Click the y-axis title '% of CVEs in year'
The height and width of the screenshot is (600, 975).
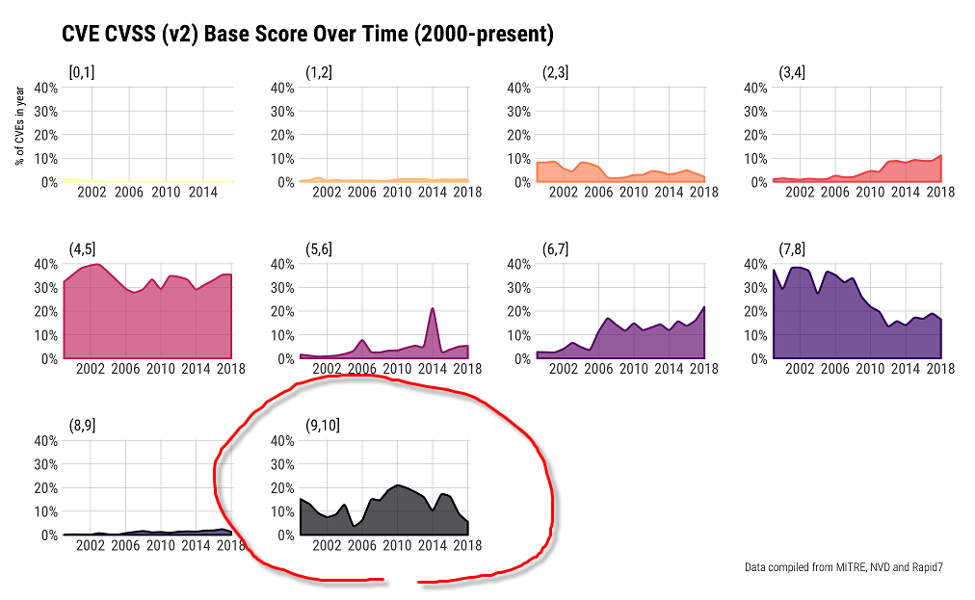point(19,124)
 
